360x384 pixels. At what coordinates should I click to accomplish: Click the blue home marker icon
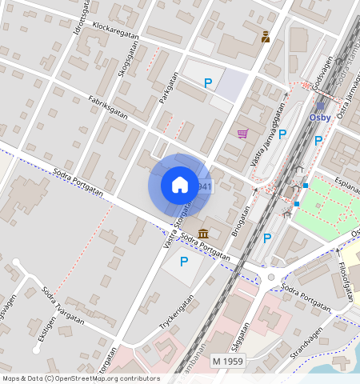tap(180, 185)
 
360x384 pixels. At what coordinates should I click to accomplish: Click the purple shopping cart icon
tap(242, 134)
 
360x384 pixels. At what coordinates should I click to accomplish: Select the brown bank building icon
tap(203, 233)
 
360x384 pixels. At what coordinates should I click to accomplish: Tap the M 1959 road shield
tap(228, 362)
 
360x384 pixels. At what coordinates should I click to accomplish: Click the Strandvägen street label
tap(306, 342)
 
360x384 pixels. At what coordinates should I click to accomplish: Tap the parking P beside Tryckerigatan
tap(183, 261)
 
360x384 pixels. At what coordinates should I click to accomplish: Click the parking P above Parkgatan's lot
tap(208, 82)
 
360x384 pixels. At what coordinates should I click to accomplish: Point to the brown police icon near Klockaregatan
tap(266, 36)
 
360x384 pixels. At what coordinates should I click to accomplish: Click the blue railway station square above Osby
tap(321, 105)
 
